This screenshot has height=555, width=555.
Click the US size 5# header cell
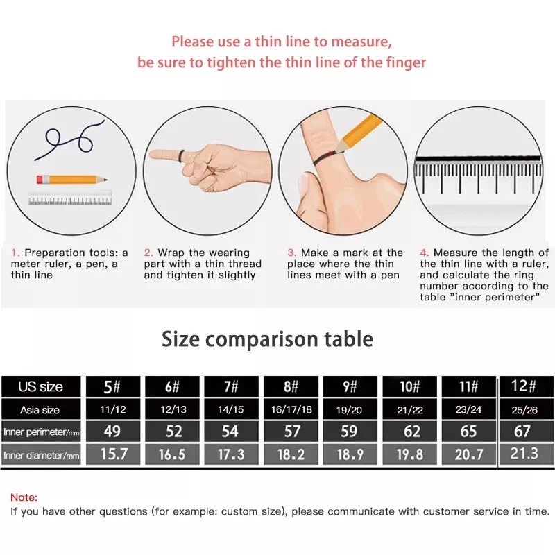pyautogui.click(x=113, y=386)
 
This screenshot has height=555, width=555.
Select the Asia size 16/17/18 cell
pyautogui.click(x=291, y=409)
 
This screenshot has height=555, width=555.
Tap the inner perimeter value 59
pyautogui.click(x=350, y=431)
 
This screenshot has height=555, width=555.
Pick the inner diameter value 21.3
pyautogui.click(x=524, y=454)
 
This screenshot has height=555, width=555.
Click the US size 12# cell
pyautogui.click(x=524, y=386)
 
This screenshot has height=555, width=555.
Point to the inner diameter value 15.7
pyautogui.click(x=113, y=454)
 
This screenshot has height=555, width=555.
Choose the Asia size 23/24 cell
pyautogui.click(x=468, y=409)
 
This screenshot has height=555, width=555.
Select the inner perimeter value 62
pyautogui.click(x=409, y=431)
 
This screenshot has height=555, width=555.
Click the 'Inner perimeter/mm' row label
pyautogui.click(x=41, y=432)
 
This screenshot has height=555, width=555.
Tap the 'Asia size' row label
pyautogui.click(x=40, y=410)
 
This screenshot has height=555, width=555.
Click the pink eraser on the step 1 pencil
pyautogui.click(x=40, y=180)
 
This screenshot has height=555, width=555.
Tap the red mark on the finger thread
pyautogui.click(x=331, y=154)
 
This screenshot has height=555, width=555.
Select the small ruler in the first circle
pyautogui.click(x=70, y=198)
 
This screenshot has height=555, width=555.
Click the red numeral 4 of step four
pyautogui.click(x=423, y=253)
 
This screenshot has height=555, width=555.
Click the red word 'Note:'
pyautogui.click(x=24, y=497)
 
